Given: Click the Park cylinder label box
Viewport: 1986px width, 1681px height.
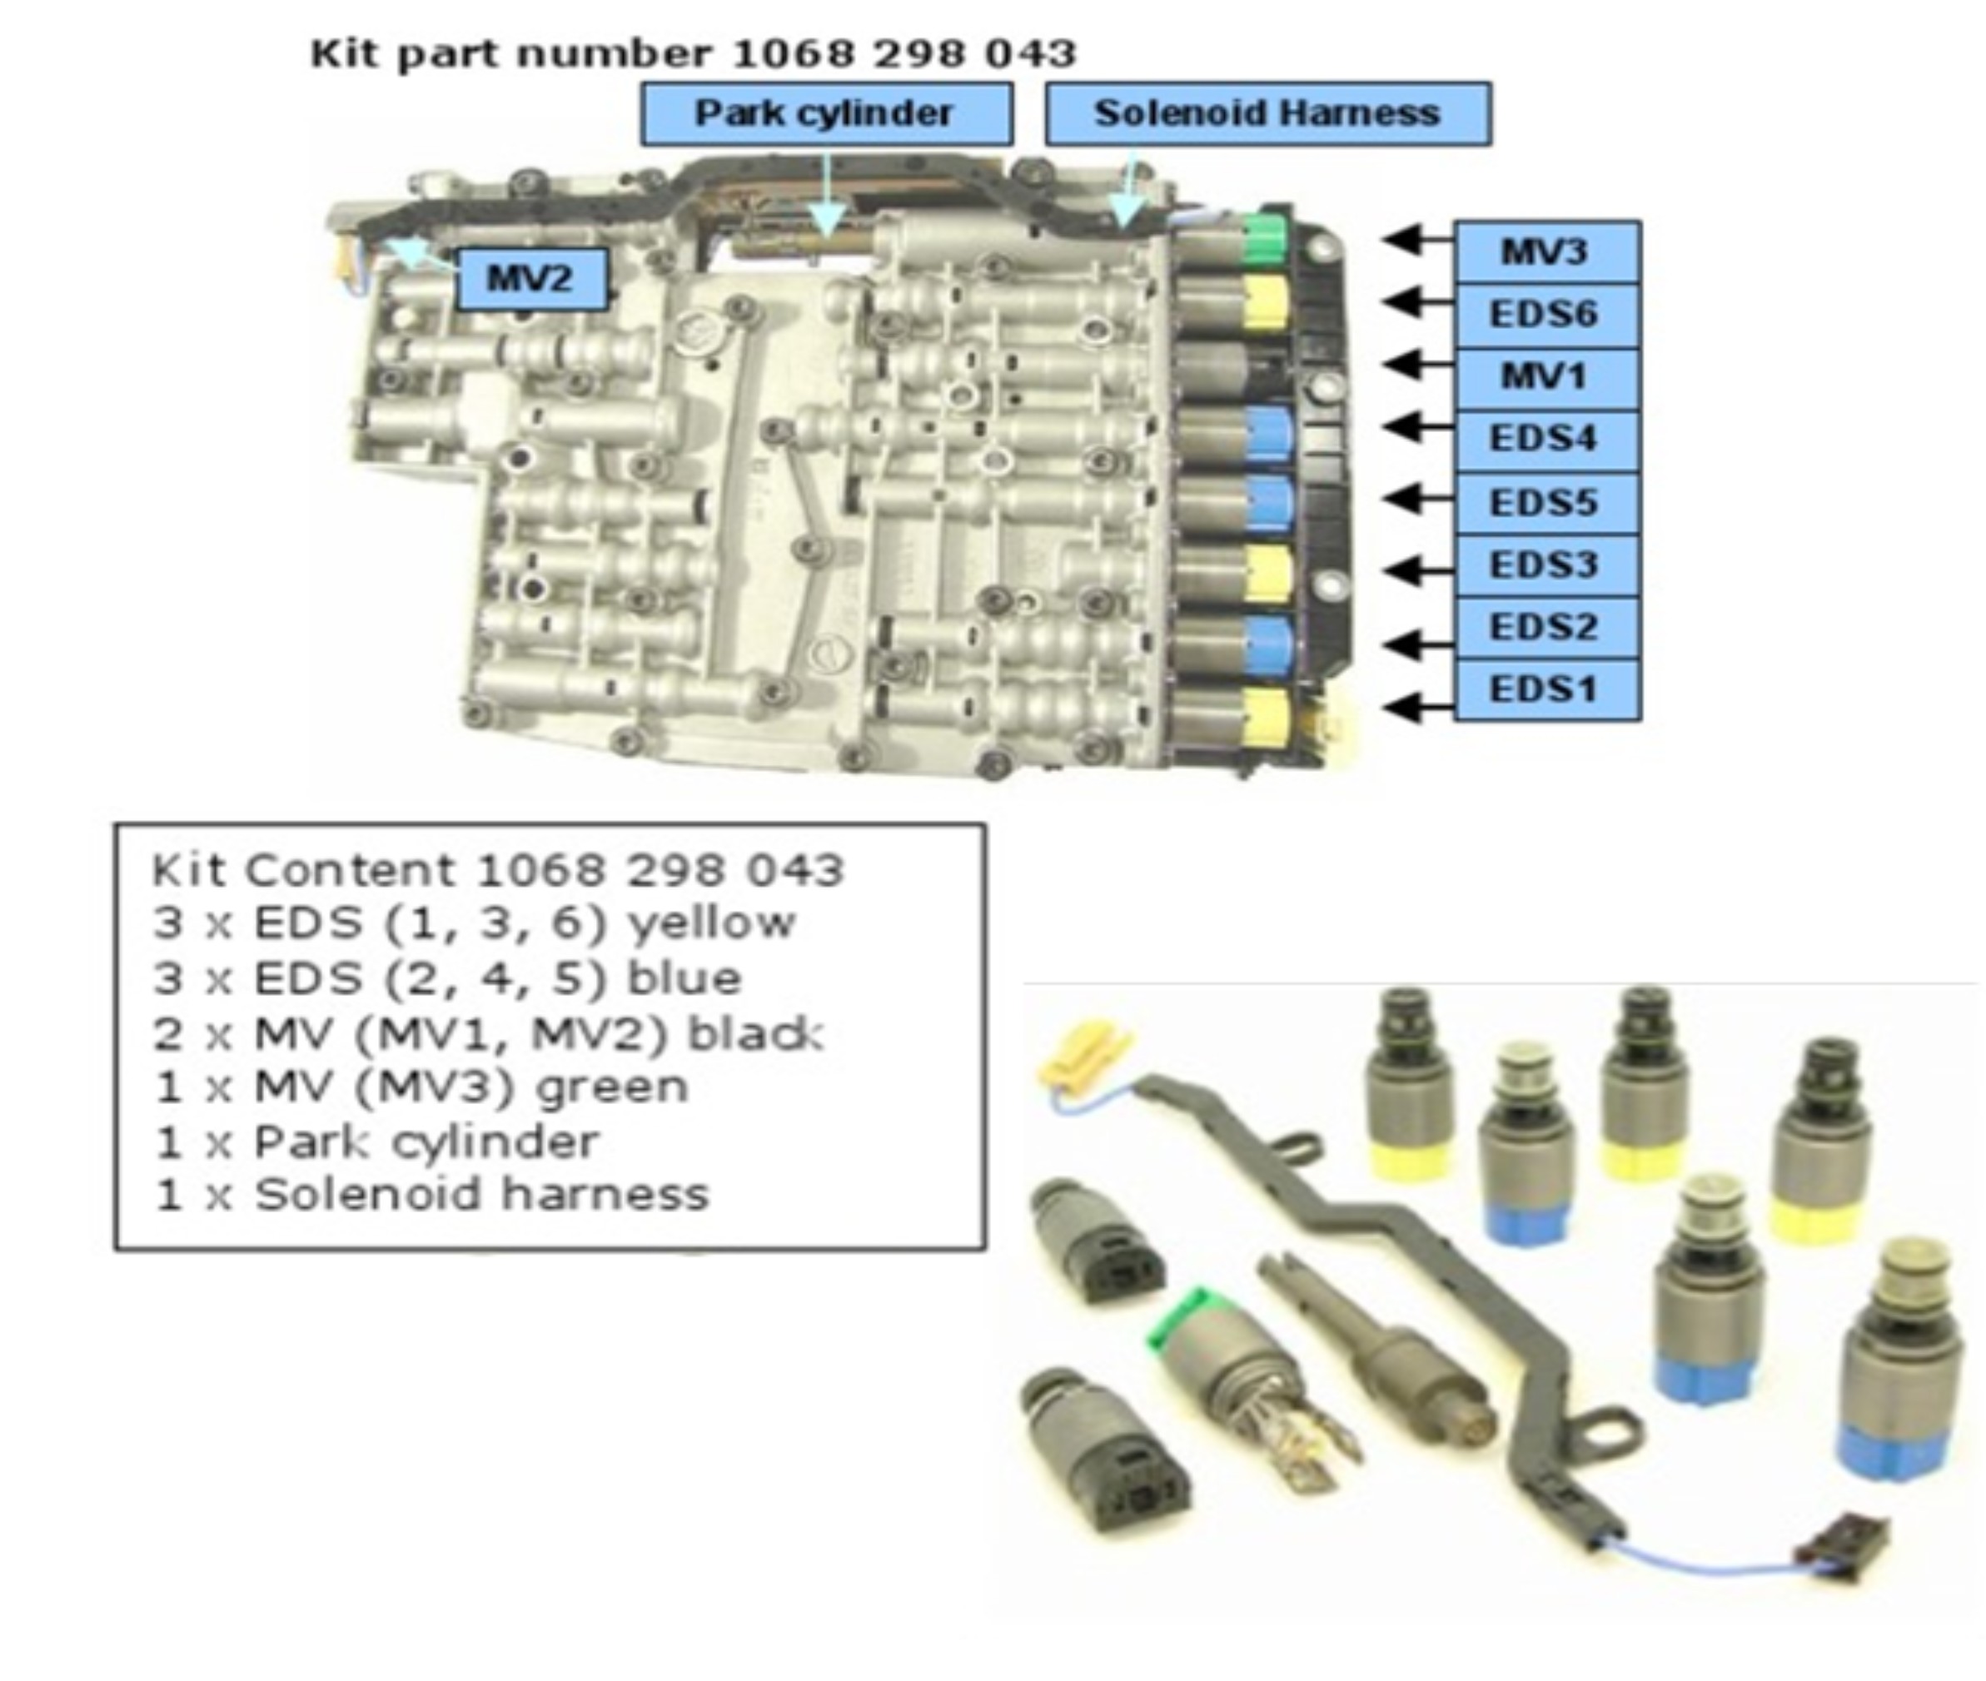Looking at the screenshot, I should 825,113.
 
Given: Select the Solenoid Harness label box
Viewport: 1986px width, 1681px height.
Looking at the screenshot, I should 1267,113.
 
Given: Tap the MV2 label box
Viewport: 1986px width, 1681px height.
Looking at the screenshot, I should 530,278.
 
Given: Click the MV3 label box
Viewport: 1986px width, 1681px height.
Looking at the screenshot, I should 1545,251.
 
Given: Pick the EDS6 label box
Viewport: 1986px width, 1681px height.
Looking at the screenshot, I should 1545,315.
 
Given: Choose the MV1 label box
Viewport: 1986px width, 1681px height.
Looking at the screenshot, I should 1545,376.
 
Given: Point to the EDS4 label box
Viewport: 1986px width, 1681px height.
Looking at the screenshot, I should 1545,438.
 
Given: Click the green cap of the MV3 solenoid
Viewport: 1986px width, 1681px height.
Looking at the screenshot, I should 1266,238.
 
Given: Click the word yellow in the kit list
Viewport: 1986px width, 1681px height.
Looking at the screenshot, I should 711,923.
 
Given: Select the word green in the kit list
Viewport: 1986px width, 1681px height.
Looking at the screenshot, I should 612,1087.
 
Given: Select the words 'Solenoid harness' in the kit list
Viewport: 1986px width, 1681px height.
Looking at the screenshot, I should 482,1195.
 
